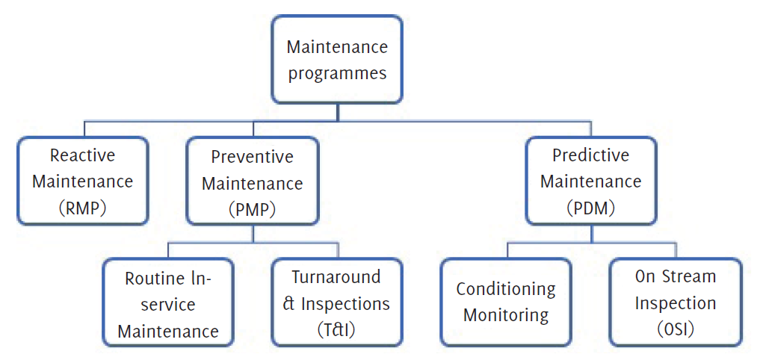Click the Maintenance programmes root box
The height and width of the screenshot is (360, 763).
pos(337,59)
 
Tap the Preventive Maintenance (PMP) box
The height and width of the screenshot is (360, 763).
pos(253,181)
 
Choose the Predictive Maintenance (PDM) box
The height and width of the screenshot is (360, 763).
pos(590,181)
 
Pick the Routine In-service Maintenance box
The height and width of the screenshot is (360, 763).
pos(168,302)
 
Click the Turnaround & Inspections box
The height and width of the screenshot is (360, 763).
pos(337,302)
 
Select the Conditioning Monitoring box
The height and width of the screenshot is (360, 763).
pos(506,302)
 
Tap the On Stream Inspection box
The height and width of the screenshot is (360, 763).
pos(676,302)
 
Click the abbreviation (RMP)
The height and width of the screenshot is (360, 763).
pos(81,208)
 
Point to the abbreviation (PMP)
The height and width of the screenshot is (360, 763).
pos(252,209)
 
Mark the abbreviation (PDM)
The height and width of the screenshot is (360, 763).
pos(590,208)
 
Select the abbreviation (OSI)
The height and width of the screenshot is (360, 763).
pos(676,330)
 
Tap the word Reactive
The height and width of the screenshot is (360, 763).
pos(83,155)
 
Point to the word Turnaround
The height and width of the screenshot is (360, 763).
pos(336,277)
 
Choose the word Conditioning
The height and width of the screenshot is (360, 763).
pos(506,290)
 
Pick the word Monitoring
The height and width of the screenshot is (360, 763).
pos(506,314)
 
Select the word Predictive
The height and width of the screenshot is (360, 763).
pos(590,155)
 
